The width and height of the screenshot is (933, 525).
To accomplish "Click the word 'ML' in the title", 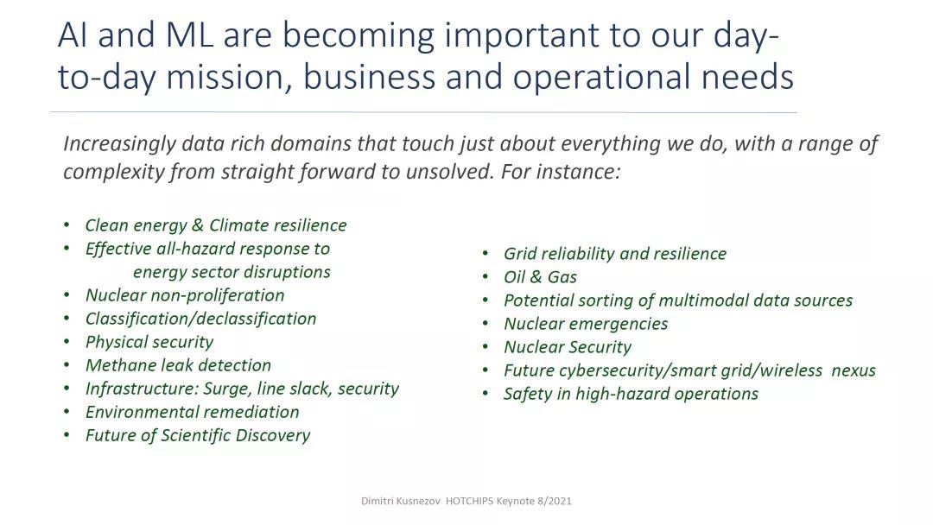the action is [x=189, y=35].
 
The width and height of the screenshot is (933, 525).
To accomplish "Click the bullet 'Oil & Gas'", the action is [x=540, y=277].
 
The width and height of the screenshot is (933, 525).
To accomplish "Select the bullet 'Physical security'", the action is [x=149, y=342].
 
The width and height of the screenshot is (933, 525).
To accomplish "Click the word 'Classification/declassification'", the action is [x=200, y=319].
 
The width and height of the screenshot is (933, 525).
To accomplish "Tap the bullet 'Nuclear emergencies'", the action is [x=586, y=324].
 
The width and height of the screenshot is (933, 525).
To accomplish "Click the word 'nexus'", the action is [x=854, y=370].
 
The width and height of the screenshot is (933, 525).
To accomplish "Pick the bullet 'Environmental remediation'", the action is [x=192, y=412].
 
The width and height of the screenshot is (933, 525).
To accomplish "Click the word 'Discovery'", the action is [x=272, y=435].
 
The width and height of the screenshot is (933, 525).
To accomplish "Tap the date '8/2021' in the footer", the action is [x=555, y=501].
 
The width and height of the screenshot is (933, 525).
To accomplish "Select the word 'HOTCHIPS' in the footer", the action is [x=469, y=501].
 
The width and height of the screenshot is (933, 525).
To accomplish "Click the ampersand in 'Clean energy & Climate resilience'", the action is [x=198, y=225].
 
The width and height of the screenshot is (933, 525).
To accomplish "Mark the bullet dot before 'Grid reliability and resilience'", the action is [x=486, y=253].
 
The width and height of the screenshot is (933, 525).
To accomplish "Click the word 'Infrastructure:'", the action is [x=142, y=389].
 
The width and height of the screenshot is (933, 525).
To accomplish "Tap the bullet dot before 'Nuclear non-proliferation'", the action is [x=67, y=295].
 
